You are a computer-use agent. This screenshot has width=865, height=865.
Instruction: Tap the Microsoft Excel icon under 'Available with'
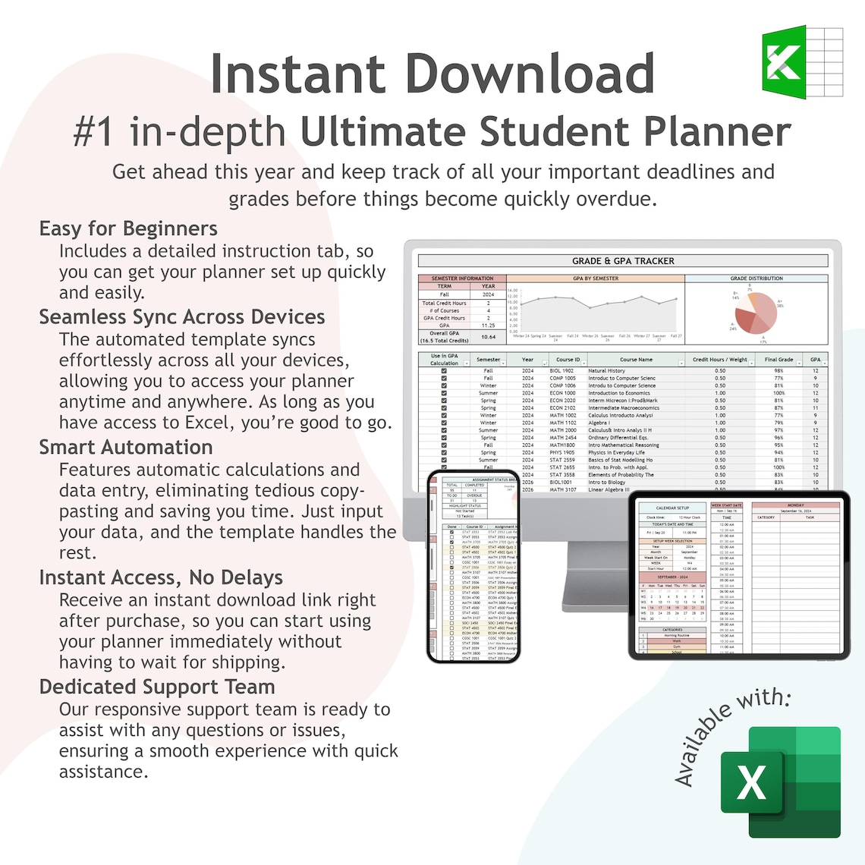(x=781, y=782)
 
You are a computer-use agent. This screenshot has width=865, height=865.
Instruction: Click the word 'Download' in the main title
(x=530, y=74)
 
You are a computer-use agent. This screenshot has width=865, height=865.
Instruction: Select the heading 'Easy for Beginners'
(x=128, y=228)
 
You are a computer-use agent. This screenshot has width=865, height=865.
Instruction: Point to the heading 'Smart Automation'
(x=126, y=447)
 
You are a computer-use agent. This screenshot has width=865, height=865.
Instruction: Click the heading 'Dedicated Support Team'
(x=157, y=687)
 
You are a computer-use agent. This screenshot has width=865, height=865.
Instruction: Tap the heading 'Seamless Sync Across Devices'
(x=182, y=316)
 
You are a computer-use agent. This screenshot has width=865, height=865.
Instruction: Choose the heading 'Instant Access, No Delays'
(x=161, y=577)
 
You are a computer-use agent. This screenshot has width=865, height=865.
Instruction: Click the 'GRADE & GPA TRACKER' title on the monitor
(x=622, y=261)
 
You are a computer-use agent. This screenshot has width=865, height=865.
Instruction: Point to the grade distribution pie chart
(x=755, y=313)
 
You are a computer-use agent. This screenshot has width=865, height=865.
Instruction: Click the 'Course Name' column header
(x=636, y=360)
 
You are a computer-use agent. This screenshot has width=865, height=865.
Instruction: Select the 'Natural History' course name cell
(x=607, y=371)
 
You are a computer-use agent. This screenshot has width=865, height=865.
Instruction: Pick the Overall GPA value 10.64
(x=488, y=336)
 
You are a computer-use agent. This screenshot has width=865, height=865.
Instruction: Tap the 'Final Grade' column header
(x=778, y=360)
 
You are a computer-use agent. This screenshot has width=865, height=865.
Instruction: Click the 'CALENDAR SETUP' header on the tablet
(x=672, y=508)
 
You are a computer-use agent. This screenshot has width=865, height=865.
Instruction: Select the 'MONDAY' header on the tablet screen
(x=796, y=505)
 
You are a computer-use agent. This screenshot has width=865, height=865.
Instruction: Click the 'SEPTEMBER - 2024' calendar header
(x=672, y=577)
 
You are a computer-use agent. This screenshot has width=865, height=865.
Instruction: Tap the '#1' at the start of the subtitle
(x=94, y=132)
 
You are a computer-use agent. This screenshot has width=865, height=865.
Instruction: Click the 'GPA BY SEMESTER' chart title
(x=596, y=278)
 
